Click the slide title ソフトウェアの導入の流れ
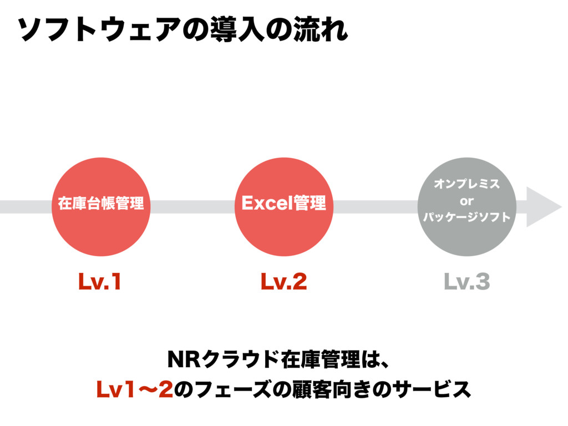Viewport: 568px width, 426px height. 183,29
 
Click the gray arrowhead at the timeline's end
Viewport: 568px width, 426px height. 542,207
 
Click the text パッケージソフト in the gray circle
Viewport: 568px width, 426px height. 466,217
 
